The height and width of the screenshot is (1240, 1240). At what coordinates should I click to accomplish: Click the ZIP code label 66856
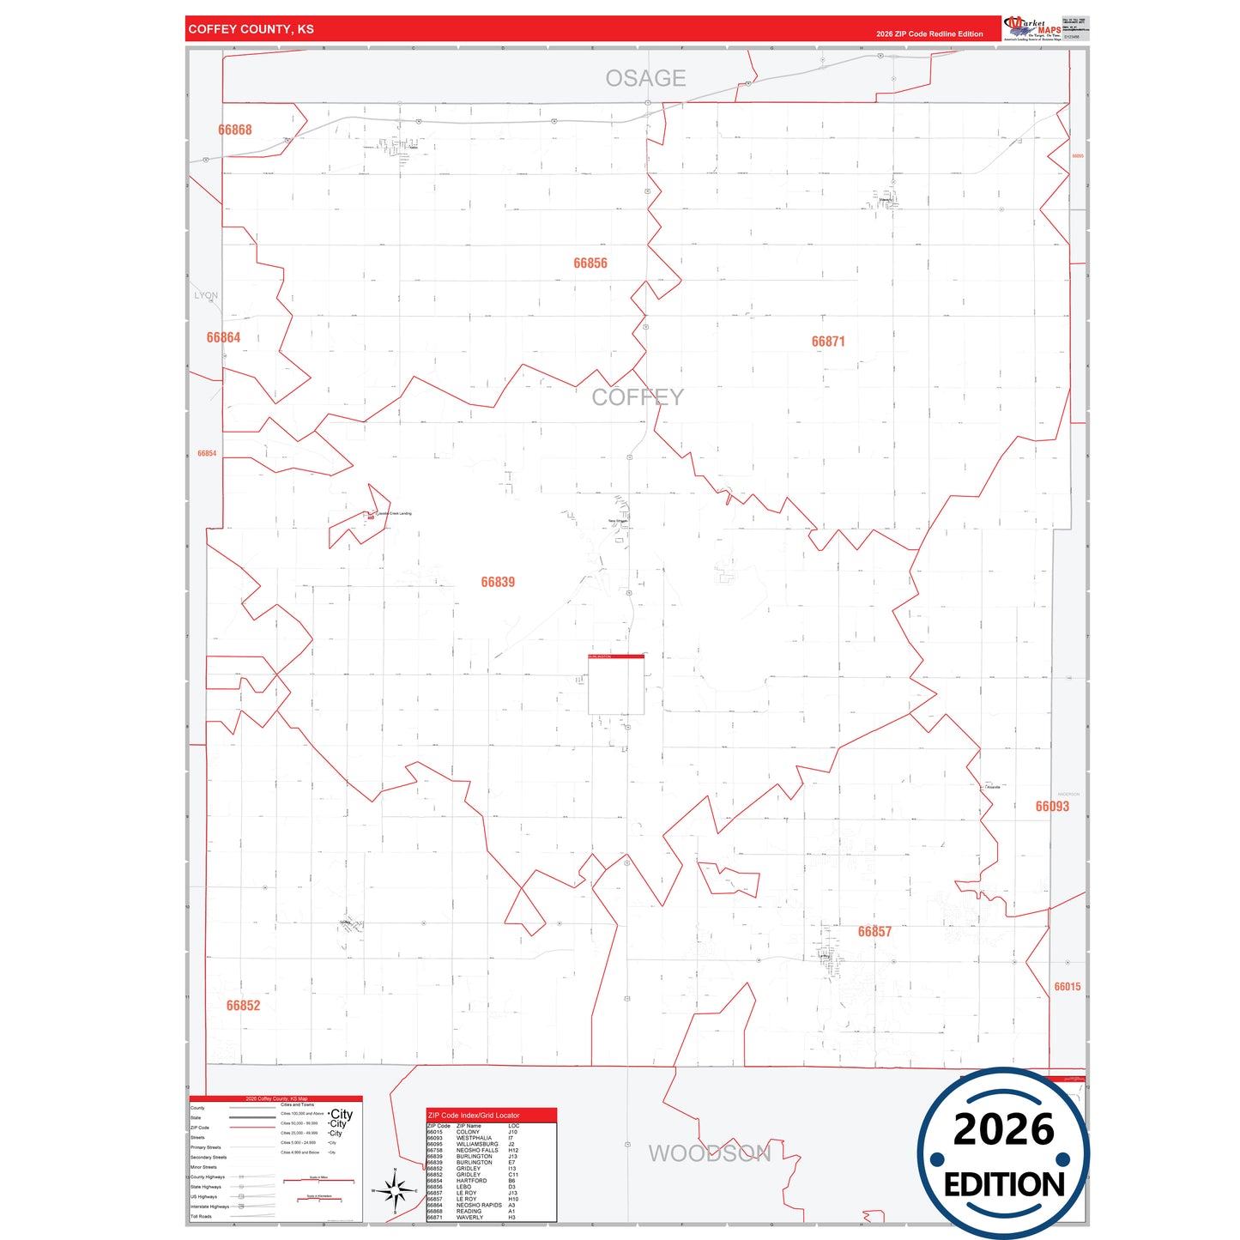pos(590,263)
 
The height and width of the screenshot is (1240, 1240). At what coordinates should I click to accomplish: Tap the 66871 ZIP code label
pos(828,342)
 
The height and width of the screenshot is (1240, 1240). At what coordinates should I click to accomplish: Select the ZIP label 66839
pos(498,583)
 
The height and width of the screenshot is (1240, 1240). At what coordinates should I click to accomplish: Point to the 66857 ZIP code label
pos(874,932)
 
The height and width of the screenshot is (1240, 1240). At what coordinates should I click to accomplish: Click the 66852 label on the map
pos(243,1006)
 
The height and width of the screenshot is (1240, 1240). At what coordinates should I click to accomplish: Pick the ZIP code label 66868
pos(235,130)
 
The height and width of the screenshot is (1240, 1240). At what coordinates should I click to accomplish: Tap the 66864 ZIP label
pos(223,338)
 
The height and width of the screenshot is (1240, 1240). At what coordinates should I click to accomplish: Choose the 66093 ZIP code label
pos(1052,807)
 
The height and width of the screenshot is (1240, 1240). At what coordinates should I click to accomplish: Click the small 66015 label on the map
pos(1068,987)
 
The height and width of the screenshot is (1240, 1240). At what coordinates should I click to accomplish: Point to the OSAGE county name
pos(645,79)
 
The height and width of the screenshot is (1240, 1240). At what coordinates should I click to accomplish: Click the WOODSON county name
pos(710,1153)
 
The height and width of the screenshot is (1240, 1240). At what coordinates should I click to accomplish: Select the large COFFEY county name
pos(638,397)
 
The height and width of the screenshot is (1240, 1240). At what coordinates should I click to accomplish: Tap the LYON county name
pos(206,295)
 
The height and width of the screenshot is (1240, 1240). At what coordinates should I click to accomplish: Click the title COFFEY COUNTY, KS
pos(251,29)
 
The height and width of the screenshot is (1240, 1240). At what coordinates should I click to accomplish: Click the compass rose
pos(395,1191)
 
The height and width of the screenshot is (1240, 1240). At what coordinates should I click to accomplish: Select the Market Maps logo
pos(1032,28)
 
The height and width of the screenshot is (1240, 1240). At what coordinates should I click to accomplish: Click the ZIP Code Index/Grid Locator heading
pos(474,1116)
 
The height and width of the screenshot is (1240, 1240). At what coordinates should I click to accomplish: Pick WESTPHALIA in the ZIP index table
pos(474,1138)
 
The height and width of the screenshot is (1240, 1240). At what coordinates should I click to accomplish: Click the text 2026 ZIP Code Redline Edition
pos(929,34)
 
